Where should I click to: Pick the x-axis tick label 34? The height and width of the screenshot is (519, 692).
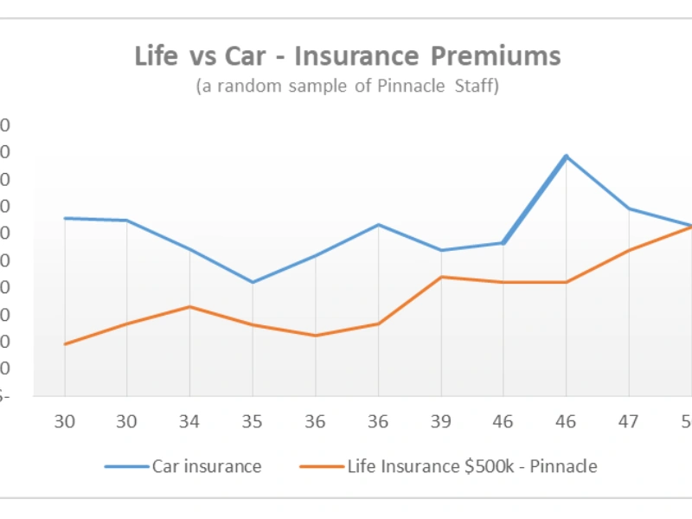[189, 421]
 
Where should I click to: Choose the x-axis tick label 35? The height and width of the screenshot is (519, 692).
[252, 421]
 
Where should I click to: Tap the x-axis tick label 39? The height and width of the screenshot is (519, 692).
[440, 421]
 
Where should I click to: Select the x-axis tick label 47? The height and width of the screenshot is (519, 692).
[629, 421]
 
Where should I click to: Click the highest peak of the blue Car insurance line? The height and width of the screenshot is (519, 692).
[566, 157]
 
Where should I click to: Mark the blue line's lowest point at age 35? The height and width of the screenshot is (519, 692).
[252, 282]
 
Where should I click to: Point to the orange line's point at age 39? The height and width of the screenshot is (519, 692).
[441, 277]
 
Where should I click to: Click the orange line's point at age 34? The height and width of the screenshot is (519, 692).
[189, 306]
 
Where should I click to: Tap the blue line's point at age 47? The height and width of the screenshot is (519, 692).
[629, 208]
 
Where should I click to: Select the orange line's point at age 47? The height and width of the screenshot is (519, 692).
[629, 250]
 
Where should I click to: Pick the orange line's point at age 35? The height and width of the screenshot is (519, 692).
[252, 324]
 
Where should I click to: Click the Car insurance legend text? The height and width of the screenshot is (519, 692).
[207, 466]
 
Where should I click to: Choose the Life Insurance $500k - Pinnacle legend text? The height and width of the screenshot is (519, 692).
[472, 466]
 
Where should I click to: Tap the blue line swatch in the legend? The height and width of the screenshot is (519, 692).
[126, 467]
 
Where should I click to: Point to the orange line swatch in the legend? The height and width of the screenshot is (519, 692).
[322, 467]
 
